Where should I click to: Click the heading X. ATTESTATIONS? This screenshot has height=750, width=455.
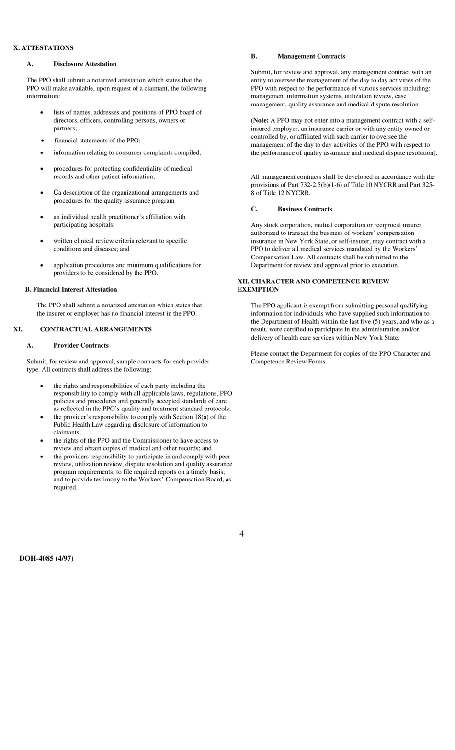point(43,48)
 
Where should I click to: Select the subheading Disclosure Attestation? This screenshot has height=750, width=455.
point(85,64)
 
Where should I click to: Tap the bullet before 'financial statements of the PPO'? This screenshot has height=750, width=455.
point(43,141)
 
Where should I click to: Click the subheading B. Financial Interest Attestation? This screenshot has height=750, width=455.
point(71,290)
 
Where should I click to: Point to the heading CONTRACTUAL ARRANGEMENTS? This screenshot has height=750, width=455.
point(96,329)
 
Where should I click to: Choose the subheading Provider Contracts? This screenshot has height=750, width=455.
point(81,346)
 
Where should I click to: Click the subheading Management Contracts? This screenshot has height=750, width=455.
point(311,57)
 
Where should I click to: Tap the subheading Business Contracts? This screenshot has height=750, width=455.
point(305,209)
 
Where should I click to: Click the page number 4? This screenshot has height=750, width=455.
point(241,534)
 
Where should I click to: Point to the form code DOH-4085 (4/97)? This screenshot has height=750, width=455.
point(46,559)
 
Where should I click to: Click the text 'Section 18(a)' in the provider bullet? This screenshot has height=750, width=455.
point(192,417)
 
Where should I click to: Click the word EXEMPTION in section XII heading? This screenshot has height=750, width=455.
point(258,290)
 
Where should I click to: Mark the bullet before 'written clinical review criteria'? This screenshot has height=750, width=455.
point(42,241)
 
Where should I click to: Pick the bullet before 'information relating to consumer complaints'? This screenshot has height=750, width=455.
point(42,153)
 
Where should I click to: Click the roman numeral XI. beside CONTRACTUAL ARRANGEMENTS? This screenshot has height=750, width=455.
point(18,329)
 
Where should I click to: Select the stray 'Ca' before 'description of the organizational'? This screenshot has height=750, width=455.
point(57,193)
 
